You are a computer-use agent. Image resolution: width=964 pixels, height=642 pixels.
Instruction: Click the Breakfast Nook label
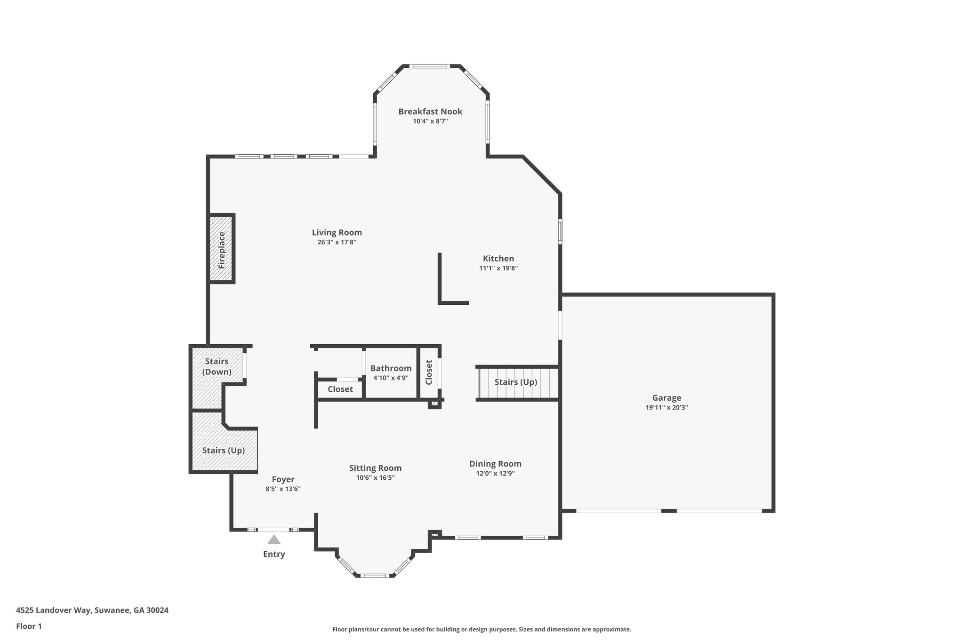[430, 111]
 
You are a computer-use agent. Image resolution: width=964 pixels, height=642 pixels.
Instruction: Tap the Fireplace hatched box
[222, 249]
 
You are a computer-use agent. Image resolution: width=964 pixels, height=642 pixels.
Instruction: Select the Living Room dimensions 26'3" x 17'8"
[337, 243]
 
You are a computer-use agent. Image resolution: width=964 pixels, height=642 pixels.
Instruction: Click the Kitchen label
[498, 258]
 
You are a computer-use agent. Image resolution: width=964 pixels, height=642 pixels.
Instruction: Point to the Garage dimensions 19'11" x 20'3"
[667, 408]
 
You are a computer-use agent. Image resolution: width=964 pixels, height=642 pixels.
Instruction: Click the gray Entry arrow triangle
[274, 540]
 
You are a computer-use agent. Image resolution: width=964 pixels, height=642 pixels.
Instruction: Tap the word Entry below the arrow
[274, 554]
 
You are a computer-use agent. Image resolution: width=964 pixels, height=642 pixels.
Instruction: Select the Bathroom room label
[391, 368]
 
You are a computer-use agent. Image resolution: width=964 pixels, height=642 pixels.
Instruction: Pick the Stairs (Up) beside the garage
[515, 382]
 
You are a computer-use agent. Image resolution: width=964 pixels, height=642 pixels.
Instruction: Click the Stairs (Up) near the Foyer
[223, 450]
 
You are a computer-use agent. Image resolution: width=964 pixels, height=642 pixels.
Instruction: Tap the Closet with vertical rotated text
[429, 372]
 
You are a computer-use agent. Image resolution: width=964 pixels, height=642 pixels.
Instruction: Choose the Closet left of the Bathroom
[340, 389]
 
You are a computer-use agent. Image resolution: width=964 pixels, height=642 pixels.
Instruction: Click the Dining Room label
[495, 464]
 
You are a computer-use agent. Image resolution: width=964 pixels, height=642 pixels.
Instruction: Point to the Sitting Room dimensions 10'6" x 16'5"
[375, 478]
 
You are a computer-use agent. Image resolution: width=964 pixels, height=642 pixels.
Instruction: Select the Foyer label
[283, 479]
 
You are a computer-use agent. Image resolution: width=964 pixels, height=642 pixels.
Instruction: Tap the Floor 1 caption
[29, 626]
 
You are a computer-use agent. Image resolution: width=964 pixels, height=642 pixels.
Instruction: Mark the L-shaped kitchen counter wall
[440, 282]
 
